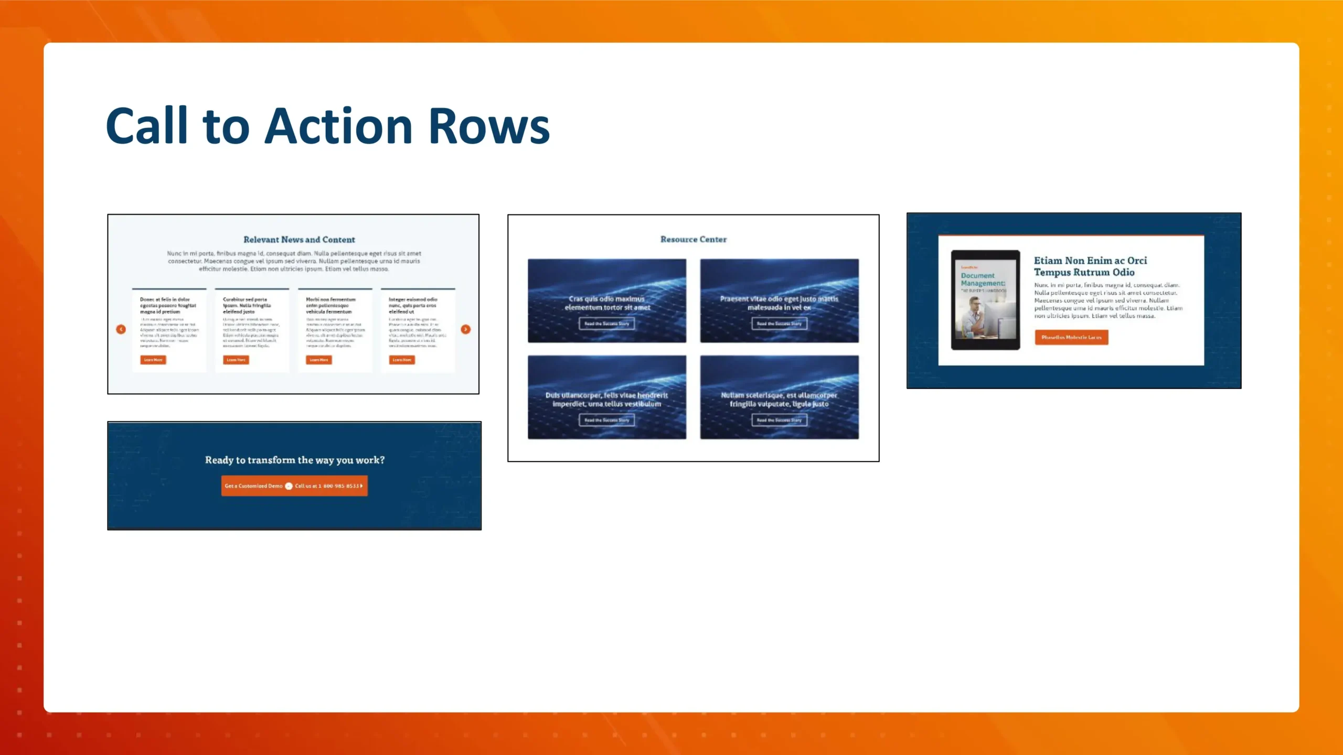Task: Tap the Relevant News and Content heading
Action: [299, 240]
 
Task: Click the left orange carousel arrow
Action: [121, 329]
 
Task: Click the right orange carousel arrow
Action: [465, 329]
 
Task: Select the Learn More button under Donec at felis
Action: [153, 360]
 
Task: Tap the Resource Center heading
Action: [693, 239]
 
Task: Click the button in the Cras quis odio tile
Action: [606, 323]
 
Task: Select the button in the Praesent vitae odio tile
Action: [779, 323]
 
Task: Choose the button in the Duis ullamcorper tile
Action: [606, 420]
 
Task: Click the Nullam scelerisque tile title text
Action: [779, 400]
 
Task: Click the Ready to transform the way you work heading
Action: [294, 460]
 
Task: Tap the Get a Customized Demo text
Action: [253, 486]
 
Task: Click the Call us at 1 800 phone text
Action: [327, 486]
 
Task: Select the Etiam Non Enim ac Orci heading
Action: [1090, 266]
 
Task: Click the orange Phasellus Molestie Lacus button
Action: [1071, 337]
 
